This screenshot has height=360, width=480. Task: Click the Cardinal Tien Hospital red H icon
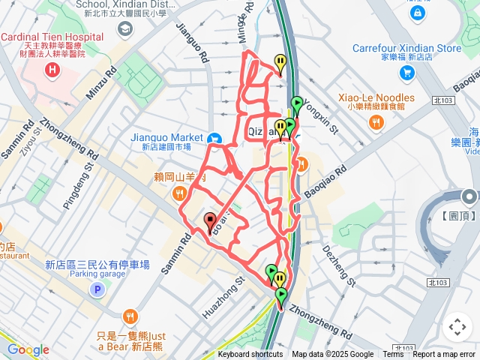click(x=52, y=71)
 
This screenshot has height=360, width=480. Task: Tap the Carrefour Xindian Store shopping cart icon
click(x=406, y=72)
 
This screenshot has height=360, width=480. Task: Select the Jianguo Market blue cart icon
click(x=214, y=138)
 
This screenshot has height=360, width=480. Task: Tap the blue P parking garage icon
click(x=96, y=289)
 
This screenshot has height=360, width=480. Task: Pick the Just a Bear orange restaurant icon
click(x=132, y=316)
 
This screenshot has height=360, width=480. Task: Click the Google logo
click(x=28, y=349)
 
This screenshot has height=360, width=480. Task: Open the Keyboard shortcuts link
click(x=250, y=355)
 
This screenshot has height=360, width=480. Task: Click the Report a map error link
click(x=445, y=355)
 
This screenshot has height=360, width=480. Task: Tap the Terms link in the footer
click(x=393, y=355)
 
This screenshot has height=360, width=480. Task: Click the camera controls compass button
click(x=457, y=327)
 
